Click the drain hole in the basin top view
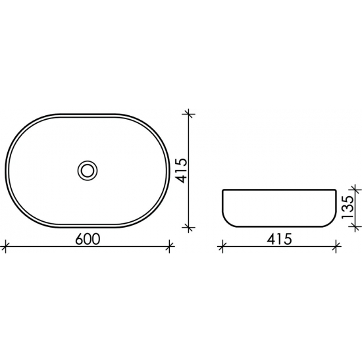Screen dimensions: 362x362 (x=86, y=170)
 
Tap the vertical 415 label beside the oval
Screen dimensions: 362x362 (x=182, y=170)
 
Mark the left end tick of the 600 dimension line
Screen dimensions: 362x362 (x=6, y=247)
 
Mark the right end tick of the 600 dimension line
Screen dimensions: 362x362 (x=170, y=247)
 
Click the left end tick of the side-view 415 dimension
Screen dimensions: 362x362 (x=222, y=247)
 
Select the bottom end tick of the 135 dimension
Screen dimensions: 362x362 (x=357, y=228)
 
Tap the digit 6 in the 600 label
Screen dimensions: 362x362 (x=79, y=239)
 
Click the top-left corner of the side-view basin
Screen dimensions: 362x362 (x=222, y=191)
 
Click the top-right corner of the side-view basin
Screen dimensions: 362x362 (x=336, y=191)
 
